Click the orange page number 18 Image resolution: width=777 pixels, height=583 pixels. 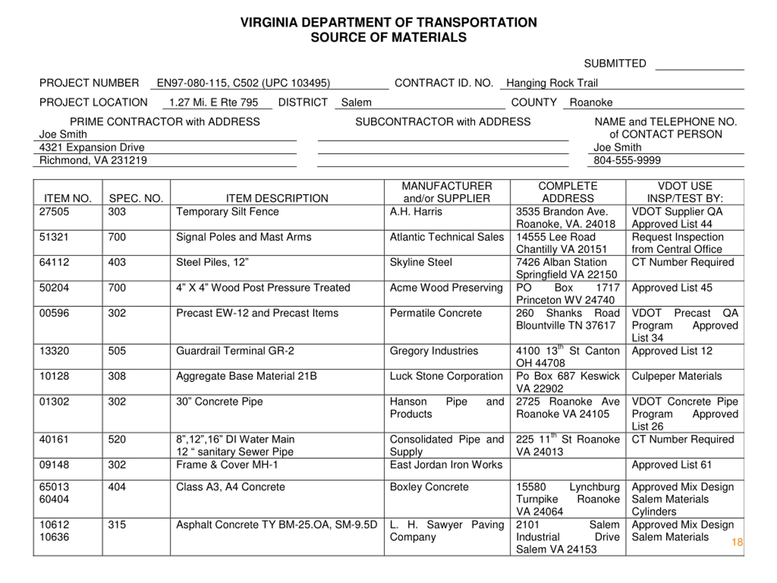(737, 542)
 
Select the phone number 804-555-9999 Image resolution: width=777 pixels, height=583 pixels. (627, 160)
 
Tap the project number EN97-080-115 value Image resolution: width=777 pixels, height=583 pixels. (243, 83)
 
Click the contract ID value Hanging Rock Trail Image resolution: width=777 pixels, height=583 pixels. (551, 83)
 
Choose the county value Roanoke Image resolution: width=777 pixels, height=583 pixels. (591, 102)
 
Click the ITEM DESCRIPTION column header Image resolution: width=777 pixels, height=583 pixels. (277, 198)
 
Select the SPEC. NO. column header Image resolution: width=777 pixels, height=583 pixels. (136, 198)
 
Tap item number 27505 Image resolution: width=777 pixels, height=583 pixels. (54, 212)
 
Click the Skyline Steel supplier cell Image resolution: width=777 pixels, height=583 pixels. (421, 262)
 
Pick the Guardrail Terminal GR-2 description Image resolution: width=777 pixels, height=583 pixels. (235, 351)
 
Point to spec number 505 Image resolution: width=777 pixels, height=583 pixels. (117, 351)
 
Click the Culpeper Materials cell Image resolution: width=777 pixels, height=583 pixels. (677, 376)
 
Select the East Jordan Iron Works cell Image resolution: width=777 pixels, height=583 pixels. (446, 465)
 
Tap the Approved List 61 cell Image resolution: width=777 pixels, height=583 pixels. (672, 465)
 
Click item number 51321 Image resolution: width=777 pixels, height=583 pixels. (54, 237)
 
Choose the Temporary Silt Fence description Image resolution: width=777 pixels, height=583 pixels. (227, 212)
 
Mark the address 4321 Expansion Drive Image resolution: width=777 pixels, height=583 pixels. (92, 147)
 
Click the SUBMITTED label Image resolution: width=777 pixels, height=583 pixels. (615, 63)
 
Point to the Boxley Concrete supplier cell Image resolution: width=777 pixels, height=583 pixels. (429, 487)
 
